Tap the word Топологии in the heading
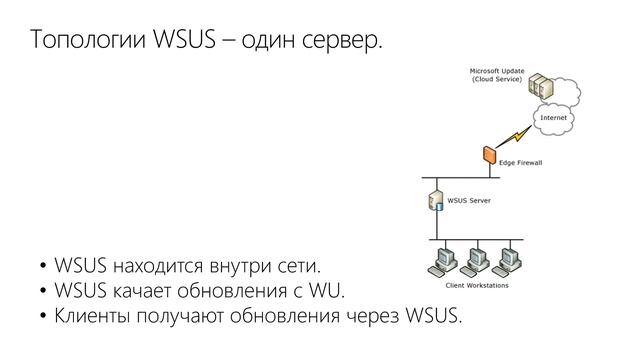[87, 42]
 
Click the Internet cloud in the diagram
[553, 117]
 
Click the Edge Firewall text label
[520, 163]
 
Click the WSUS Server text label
[468, 199]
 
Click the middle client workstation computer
[476, 260]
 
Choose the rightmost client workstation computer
[511, 260]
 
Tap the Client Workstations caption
[475, 286]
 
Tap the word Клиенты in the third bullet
[91, 318]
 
